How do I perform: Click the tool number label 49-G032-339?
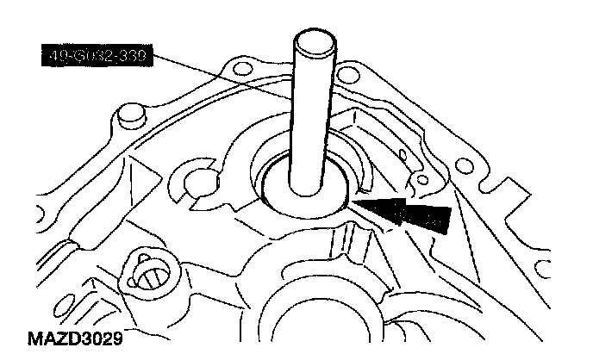point(96,58)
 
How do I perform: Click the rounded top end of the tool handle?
point(308,41)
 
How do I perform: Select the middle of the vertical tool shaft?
point(309,112)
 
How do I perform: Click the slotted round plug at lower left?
point(149,277)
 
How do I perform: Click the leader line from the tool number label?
point(224,77)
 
